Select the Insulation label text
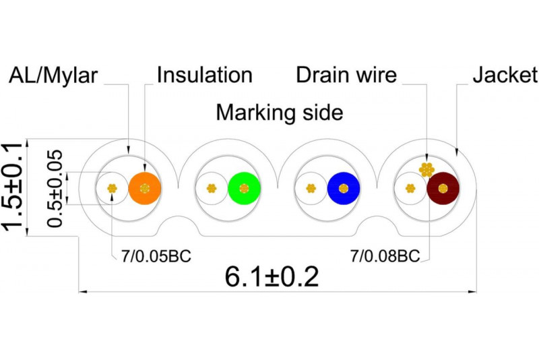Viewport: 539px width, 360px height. point(205,75)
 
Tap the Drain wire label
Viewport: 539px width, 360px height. point(346,75)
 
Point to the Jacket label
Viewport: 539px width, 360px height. point(505,75)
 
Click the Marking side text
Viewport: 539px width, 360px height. point(279,113)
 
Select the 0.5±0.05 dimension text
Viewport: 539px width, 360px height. point(57,188)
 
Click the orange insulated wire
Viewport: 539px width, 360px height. point(145,189)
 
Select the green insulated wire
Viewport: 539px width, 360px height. point(244,189)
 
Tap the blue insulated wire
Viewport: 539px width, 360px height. point(344,189)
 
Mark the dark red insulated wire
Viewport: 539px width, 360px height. point(443,189)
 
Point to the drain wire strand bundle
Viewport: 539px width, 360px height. point(426,169)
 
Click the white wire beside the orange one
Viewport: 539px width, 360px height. point(112,189)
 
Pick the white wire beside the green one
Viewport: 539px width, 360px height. point(211,189)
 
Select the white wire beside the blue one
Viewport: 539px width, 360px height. point(311,189)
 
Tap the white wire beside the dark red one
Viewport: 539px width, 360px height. point(410,189)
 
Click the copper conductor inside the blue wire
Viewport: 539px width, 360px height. point(344,189)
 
